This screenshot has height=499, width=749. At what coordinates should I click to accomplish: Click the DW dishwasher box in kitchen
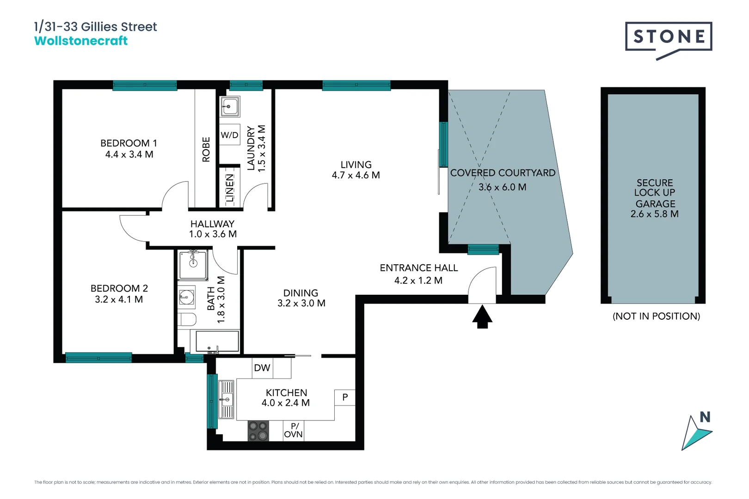262,368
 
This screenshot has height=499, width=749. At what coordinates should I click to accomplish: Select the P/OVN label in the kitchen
294,430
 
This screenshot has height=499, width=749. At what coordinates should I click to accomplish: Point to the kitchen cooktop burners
258,431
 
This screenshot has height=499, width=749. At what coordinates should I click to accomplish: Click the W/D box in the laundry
229,135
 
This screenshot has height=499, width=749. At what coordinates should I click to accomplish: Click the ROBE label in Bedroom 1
206,149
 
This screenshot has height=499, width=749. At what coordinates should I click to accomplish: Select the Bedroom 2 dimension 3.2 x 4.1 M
119,299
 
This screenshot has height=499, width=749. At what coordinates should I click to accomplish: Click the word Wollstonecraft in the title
81,41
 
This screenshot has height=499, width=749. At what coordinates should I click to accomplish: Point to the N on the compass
705,417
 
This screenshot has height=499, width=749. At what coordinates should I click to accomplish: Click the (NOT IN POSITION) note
656,316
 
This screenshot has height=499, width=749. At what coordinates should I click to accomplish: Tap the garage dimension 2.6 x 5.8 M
654,214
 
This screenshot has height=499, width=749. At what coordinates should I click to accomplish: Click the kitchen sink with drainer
226,399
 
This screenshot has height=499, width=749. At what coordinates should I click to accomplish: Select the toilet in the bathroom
187,319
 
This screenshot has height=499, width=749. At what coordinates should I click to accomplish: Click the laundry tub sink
230,107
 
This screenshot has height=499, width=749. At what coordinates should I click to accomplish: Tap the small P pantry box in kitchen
345,397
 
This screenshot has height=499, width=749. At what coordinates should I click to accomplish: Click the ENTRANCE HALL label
418,268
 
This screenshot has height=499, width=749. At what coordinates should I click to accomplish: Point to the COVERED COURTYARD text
503,173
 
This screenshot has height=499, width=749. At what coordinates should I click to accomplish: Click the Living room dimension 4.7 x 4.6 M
356,176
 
